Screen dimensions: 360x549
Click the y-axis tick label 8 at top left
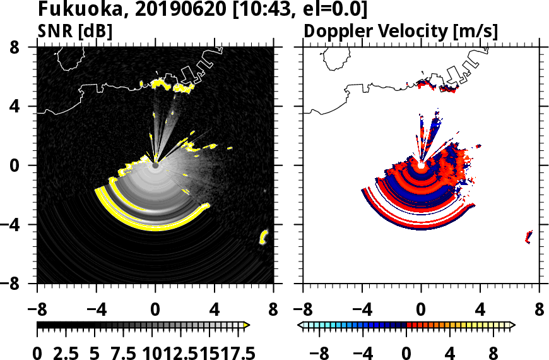21,47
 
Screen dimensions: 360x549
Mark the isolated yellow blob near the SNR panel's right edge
264,237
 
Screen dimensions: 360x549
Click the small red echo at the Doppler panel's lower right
528,237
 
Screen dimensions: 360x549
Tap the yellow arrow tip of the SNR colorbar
247,325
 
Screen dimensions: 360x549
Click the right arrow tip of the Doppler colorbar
512,325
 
